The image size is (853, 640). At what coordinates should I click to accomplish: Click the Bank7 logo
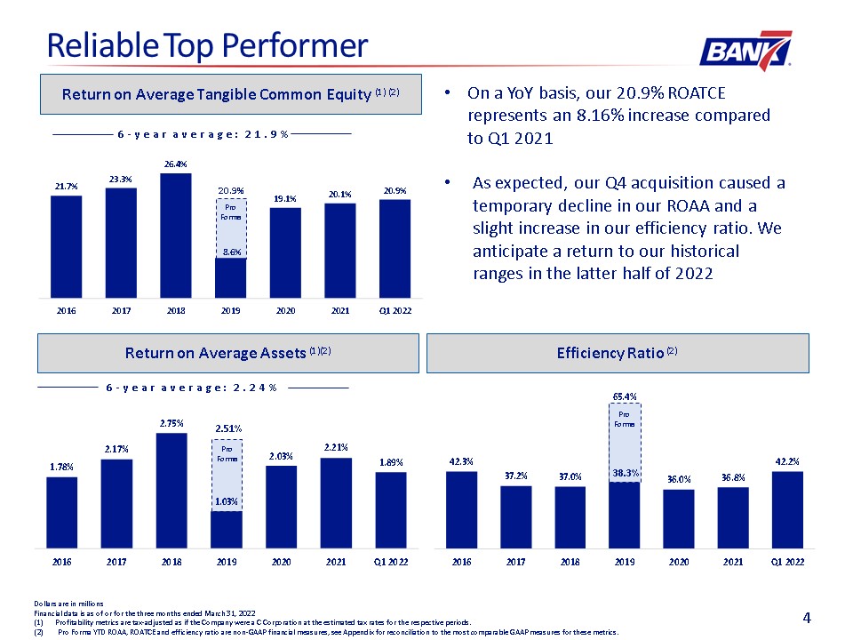coord(745,51)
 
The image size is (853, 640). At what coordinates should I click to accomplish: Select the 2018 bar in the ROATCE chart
coord(176,236)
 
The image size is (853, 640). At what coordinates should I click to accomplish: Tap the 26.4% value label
coord(176,164)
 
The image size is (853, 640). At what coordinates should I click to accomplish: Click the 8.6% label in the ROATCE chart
coord(231,252)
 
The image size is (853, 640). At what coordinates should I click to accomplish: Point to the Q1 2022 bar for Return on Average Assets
coord(391,510)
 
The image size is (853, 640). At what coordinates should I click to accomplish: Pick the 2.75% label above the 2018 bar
coord(171,423)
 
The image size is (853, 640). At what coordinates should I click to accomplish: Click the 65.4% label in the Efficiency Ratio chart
coord(625,396)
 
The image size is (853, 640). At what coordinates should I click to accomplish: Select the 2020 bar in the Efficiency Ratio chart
coord(678,518)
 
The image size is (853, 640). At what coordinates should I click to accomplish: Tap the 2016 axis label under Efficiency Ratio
coord(461,562)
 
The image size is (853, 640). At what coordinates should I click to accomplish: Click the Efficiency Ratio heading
coord(617,353)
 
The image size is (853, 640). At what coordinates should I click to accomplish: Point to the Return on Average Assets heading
coord(228,353)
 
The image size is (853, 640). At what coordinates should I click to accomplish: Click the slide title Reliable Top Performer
coord(207,45)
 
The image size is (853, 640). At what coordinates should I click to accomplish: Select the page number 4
coord(807,618)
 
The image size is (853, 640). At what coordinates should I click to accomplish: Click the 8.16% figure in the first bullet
coord(600,116)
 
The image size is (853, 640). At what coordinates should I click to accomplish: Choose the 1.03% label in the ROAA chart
coord(227,501)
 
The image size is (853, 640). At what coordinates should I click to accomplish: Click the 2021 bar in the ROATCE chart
coord(340,251)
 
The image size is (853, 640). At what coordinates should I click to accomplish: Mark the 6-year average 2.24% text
coord(192,388)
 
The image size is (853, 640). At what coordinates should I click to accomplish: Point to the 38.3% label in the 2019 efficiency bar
coord(626,473)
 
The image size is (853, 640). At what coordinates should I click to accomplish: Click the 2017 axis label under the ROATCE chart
coord(122,311)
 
